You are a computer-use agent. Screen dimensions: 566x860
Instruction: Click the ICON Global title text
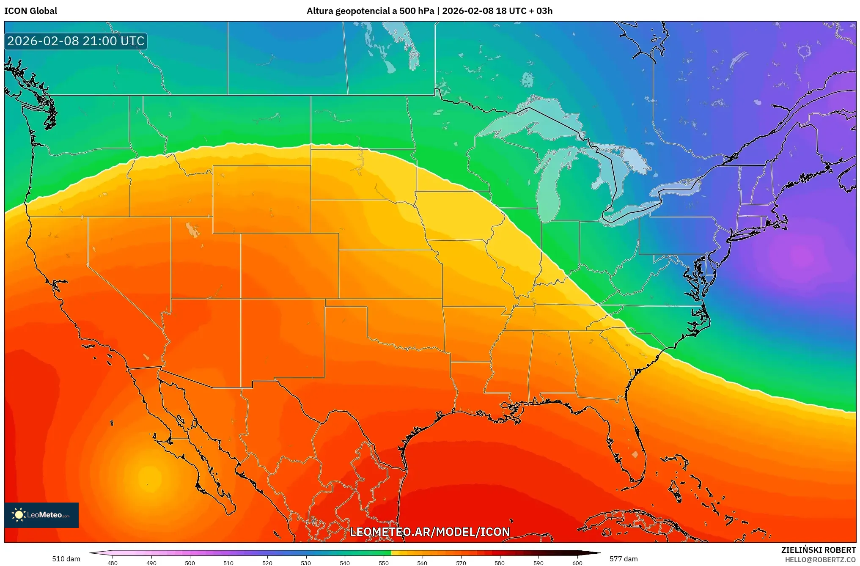[30, 11]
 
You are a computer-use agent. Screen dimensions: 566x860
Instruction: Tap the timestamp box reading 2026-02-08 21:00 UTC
[76, 41]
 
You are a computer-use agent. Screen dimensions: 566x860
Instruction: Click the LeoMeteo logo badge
[41, 515]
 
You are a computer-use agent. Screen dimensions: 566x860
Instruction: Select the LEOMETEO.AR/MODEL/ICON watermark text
[430, 532]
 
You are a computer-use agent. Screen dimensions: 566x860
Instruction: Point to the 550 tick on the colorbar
[383, 563]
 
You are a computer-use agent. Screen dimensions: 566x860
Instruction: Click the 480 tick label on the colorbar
[113, 563]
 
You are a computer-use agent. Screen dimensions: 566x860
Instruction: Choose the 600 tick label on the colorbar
[577, 563]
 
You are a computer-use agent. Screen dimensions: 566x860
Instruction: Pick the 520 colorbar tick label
[267, 563]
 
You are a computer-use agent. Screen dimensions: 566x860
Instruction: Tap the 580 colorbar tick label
[500, 563]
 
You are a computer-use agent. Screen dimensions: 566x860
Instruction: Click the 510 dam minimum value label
[66, 559]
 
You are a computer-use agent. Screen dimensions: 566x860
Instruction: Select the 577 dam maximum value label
[624, 559]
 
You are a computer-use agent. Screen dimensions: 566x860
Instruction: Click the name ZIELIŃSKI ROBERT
[818, 550]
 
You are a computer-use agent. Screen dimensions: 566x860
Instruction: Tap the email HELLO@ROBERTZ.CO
[820, 560]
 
